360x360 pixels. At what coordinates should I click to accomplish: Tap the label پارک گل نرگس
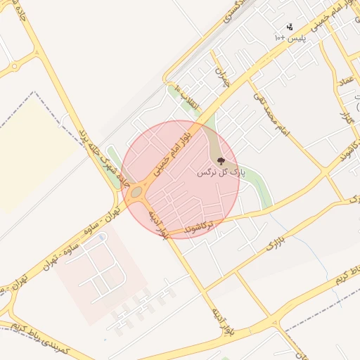(219, 172)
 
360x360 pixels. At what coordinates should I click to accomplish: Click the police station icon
(290, 26)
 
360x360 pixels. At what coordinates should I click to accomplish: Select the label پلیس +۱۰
(289, 36)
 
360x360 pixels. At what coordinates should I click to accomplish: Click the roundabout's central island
(136, 191)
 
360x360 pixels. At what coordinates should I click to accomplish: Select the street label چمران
(224, 79)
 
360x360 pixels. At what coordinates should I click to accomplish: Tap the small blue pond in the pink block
(102, 237)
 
